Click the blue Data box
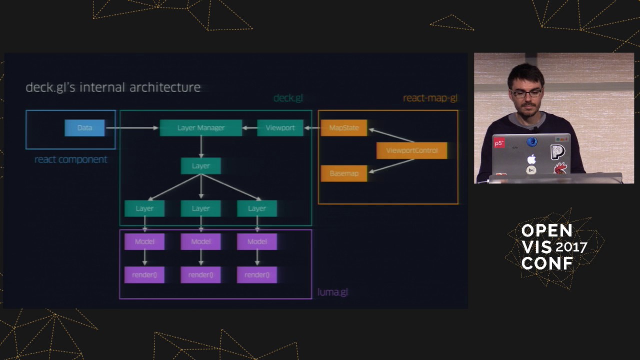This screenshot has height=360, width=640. coord(85,128)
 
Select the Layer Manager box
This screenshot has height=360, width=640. coord(201,128)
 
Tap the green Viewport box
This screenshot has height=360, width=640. coord(280,128)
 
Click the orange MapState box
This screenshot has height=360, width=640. coord(344,128)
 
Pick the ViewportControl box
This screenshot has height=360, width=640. coord(412,150)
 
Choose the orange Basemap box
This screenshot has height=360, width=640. coord(344,173)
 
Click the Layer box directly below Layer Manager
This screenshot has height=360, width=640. coord(201,166)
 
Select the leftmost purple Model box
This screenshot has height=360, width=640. coord(145,242)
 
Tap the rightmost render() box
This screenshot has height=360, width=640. coord(257,275)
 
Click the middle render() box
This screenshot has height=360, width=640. coord(201,275)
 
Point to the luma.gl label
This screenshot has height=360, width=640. coord(333,292)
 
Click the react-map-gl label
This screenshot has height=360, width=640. coord(430,98)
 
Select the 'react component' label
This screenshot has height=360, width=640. coord(71,160)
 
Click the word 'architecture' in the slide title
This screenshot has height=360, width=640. coord(165,88)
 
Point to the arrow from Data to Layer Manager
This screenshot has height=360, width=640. coord(132,128)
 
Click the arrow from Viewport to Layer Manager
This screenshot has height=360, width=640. coord(249,128)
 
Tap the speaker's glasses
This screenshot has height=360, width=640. coord(526,93)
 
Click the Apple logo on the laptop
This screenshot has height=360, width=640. coord(531,159)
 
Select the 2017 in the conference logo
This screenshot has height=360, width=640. coord(571,247)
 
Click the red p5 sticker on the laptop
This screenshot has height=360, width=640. coord(499,143)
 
